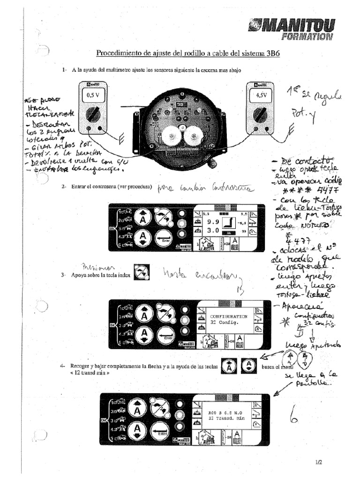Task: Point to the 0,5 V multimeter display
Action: point(92,96)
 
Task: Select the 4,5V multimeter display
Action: point(258,96)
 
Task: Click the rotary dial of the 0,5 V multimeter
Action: point(93,114)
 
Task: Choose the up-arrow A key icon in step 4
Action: point(228,367)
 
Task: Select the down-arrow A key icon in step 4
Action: point(248,367)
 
